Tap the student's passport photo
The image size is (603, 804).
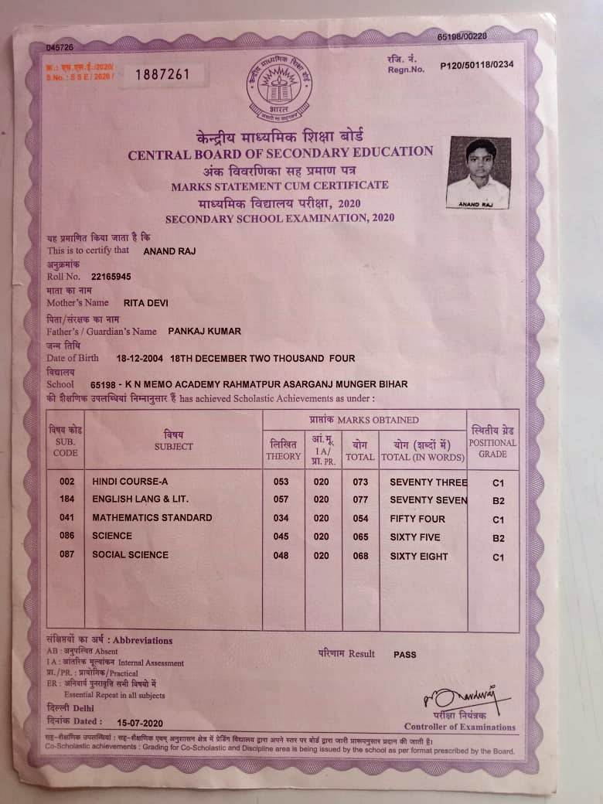click(479, 172)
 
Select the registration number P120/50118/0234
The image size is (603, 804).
click(476, 66)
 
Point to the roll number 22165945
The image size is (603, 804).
click(111, 276)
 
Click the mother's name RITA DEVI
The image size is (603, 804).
click(146, 303)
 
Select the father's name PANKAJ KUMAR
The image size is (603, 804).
click(204, 331)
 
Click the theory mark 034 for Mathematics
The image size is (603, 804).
click(281, 518)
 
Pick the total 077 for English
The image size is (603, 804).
click(360, 499)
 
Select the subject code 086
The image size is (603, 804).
click(66, 536)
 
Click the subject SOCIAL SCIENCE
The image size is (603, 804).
click(130, 554)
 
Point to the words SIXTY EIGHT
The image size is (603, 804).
click(419, 556)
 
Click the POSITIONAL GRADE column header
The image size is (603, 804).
click(492, 442)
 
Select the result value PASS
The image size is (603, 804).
click(404, 654)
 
